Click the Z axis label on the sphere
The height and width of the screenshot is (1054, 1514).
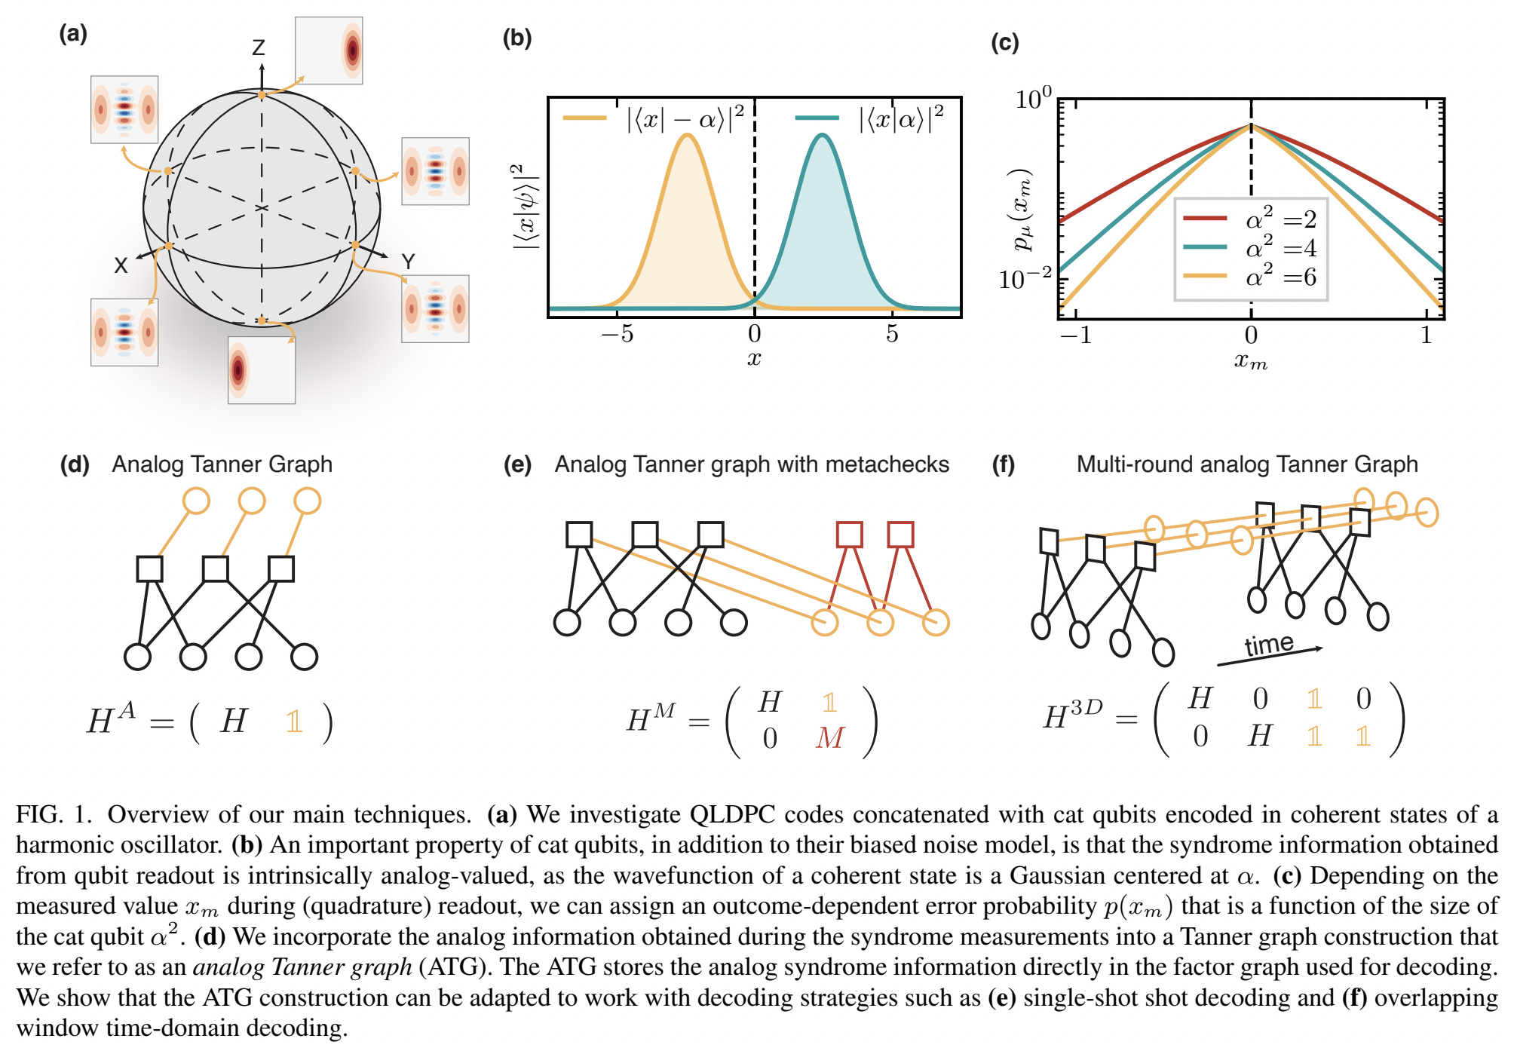click(x=259, y=48)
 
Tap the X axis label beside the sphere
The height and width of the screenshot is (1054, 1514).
click(x=121, y=265)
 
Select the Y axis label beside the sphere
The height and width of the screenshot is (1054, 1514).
click(x=408, y=262)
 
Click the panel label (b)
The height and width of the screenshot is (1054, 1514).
click(x=517, y=38)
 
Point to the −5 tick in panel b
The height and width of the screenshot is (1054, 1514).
click(x=618, y=333)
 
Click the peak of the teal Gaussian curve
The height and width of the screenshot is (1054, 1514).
click(x=823, y=136)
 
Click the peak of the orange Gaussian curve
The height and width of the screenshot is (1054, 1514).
click(x=686, y=136)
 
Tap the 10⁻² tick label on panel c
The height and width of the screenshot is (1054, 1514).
click(x=1024, y=279)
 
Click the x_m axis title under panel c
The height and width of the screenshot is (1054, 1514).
click(x=1250, y=361)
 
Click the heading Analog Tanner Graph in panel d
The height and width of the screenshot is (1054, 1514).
click(x=222, y=464)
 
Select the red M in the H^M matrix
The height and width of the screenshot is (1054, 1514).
click(x=829, y=737)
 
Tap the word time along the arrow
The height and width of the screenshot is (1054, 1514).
click(x=1268, y=645)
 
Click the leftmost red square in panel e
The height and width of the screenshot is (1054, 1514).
click(x=849, y=535)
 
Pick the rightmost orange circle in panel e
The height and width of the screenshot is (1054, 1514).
click(x=936, y=623)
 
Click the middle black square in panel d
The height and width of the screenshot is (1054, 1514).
click(x=216, y=568)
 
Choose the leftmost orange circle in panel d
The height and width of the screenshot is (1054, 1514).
click(x=196, y=501)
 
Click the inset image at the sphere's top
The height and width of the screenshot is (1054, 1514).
click(x=329, y=50)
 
